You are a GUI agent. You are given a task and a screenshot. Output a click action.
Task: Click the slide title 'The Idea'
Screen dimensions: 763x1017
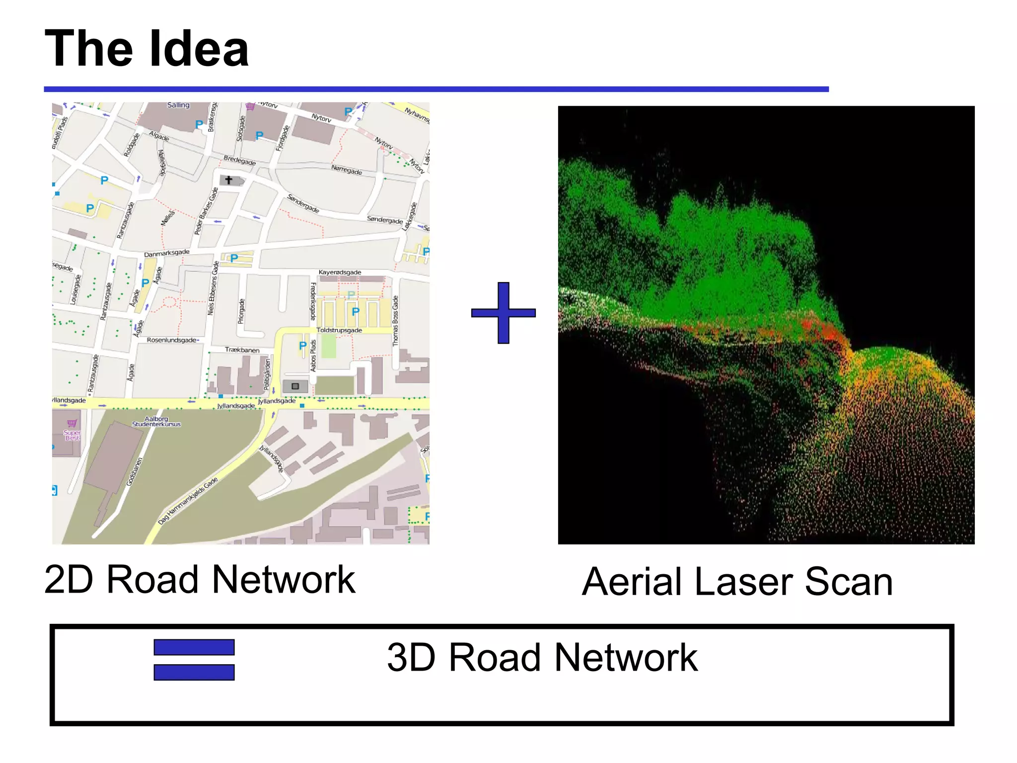point(146,48)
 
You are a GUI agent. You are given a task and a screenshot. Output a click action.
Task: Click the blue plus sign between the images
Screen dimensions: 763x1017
point(503,312)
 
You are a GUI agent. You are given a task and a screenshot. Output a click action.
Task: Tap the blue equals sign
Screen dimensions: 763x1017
point(194,659)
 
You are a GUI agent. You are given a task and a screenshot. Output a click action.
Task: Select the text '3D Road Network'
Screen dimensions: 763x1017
point(542,657)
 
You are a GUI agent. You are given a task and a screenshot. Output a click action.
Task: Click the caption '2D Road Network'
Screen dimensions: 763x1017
point(200,579)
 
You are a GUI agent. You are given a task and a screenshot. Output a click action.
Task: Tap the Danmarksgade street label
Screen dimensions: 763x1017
point(166,253)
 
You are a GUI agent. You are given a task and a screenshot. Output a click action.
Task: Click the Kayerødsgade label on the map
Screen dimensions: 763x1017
point(340,272)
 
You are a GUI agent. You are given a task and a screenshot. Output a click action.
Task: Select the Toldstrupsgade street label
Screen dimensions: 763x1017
point(339,330)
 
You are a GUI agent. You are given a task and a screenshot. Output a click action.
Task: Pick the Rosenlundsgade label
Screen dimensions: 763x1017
point(172,340)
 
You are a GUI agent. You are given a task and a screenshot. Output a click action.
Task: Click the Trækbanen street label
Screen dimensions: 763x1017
point(242,350)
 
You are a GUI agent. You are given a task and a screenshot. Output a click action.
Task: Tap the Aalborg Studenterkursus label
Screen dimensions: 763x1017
point(156,422)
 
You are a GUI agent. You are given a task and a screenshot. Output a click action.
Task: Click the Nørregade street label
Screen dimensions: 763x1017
point(347,170)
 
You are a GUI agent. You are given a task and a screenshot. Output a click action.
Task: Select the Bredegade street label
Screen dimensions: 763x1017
point(239,160)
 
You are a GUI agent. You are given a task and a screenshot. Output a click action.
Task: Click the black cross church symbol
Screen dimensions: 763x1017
point(228,180)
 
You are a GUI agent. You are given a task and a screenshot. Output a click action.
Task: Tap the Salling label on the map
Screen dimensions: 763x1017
point(178,105)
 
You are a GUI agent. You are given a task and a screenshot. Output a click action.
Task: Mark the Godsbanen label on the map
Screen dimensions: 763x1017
point(134,472)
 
